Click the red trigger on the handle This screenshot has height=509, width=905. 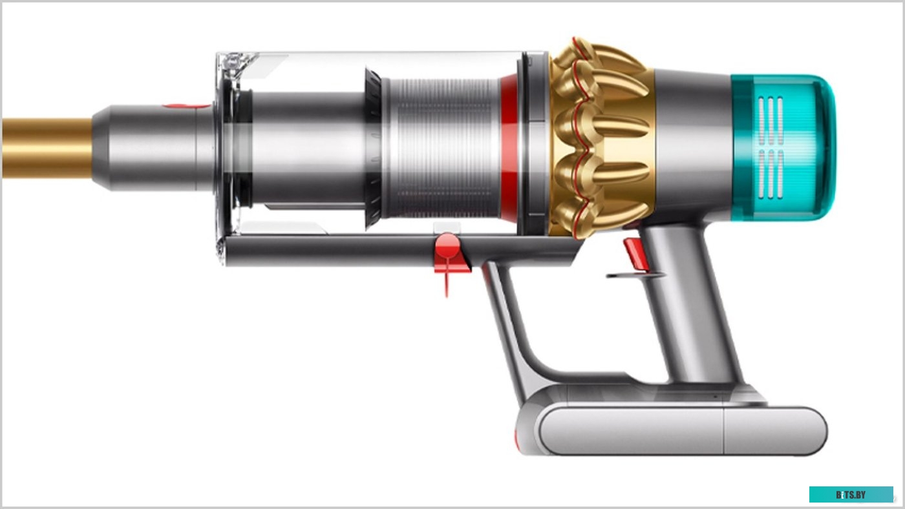coord(635,254)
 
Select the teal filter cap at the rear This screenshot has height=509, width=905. coord(783,147)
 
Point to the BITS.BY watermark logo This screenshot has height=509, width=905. coord(851,495)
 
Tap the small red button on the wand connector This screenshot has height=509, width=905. coord(184,105)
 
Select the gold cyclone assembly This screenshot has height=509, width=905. coord(601,139)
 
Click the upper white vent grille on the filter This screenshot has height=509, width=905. coord(771,119)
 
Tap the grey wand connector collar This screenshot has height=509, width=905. coord(155,149)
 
